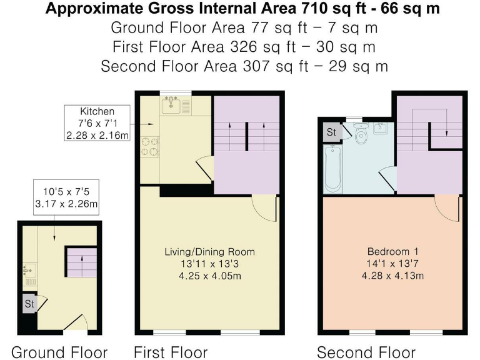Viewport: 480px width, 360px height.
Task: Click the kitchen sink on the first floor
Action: pyautogui.click(x=171, y=106)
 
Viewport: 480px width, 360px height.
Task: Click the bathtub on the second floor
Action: pyautogui.click(x=332, y=169)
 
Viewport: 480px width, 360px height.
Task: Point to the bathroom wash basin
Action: pyautogui.click(x=381, y=129)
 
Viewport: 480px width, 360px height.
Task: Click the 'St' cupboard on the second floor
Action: pyautogui.click(x=331, y=132)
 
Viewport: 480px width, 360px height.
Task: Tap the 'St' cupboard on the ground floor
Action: pyautogui.click(x=29, y=303)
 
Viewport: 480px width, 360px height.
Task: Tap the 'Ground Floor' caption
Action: pyautogui.click(x=59, y=351)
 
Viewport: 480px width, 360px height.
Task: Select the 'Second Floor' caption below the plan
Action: pyautogui.click(x=366, y=351)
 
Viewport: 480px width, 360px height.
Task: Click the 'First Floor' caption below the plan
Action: pyautogui.click(x=170, y=351)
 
